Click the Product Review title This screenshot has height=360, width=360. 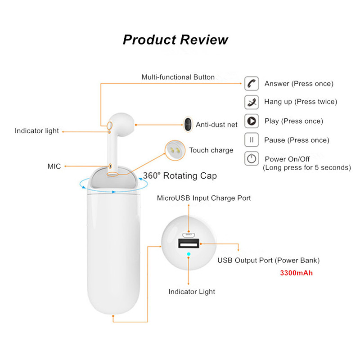(x=175, y=40)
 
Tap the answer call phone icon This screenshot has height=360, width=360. (x=252, y=84)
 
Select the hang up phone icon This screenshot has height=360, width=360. (x=252, y=102)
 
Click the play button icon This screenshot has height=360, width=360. (x=252, y=121)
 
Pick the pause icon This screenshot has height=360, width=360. (x=252, y=140)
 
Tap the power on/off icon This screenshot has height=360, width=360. (x=252, y=158)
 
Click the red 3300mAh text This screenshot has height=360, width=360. (x=296, y=273)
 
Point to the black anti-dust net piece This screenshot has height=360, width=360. (x=188, y=125)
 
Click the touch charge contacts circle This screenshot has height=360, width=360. (x=175, y=150)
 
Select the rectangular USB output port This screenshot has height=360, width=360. (x=189, y=243)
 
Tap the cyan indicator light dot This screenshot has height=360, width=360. (x=189, y=254)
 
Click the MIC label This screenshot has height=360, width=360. (x=54, y=166)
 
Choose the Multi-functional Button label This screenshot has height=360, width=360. (x=178, y=77)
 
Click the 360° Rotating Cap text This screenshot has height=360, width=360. (x=180, y=175)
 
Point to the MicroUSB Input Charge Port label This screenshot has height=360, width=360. (x=204, y=198)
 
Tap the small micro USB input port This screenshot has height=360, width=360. (x=189, y=235)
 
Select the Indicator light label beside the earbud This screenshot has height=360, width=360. (x=37, y=131)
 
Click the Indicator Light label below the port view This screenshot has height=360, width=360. (x=192, y=292)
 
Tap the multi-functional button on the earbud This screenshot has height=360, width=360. (x=110, y=126)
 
